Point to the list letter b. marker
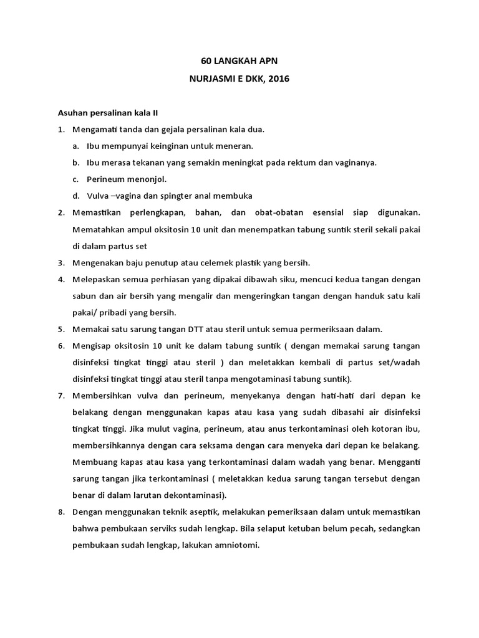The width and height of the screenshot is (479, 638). click(x=75, y=163)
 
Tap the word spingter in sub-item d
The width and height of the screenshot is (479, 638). click(x=169, y=196)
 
